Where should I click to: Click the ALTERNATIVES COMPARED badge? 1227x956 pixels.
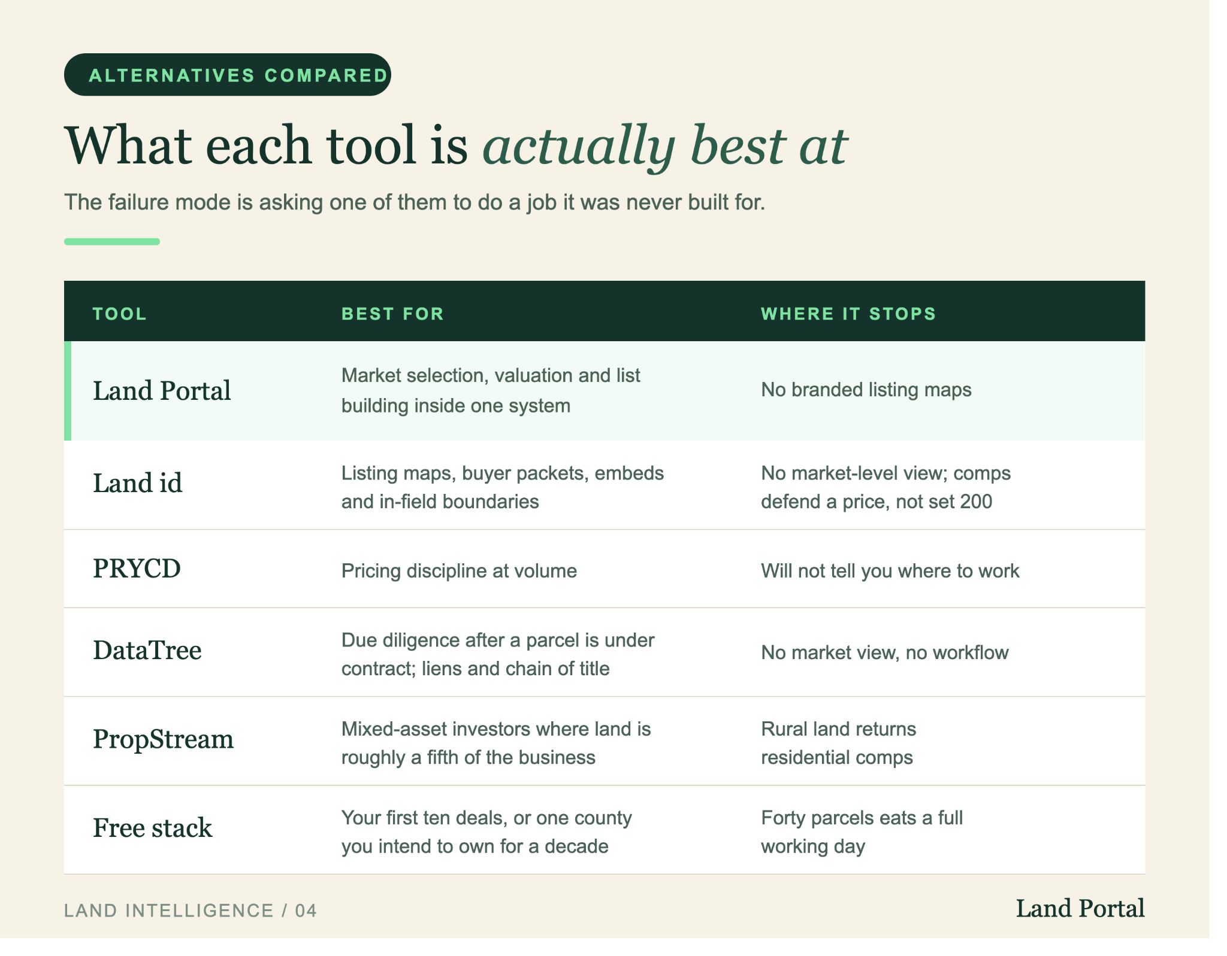pyautogui.click(x=227, y=75)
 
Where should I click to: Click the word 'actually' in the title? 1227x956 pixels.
pyautogui.click(x=579, y=147)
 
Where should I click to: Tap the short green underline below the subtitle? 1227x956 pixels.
pyautogui.click(x=112, y=242)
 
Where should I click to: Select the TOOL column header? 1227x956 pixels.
pyautogui.click(x=120, y=314)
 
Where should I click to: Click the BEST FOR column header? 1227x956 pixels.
pyautogui.click(x=393, y=314)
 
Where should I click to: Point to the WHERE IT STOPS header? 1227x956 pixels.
pyautogui.click(x=848, y=314)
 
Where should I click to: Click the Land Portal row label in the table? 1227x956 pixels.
pyautogui.click(x=162, y=391)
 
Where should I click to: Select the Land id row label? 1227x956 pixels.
pyautogui.click(x=137, y=483)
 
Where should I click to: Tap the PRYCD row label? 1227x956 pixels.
pyautogui.click(x=137, y=569)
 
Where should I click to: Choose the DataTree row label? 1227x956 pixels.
pyautogui.click(x=147, y=650)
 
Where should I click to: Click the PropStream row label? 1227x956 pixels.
pyautogui.click(x=163, y=740)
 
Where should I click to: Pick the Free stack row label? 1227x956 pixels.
pyautogui.click(x=152, y=828)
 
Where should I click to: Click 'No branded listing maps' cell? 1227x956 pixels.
pyautogui.click(x=866, y=390)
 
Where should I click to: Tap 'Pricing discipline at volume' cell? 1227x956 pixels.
pyautogui.click(x=459, y=571)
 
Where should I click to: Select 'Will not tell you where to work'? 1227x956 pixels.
pyautogui.click(x=890, y=571)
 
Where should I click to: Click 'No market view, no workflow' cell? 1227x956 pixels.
pyautogui.click(x=885, y=652)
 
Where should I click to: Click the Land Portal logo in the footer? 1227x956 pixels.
pyautogui.click(x=1080, y=909)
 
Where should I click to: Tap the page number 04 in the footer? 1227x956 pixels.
pyautogui.click(x=306, y=911)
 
